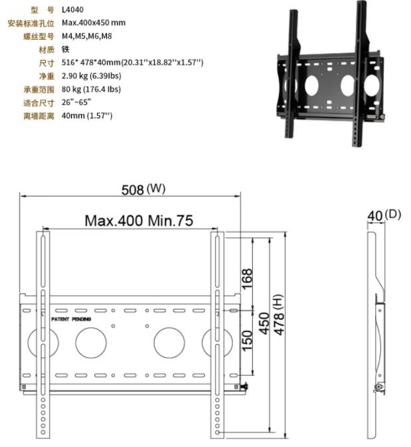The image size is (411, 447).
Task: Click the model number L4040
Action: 72,10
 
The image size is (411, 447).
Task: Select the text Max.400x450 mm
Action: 93,23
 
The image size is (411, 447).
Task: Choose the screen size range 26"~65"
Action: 76,103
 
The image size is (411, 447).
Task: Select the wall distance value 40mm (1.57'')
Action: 87,116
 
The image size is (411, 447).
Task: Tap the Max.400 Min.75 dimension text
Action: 139,221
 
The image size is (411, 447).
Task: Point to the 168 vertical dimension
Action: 247,278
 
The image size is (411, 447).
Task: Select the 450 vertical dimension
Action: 264,323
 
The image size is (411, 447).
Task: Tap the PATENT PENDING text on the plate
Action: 72,319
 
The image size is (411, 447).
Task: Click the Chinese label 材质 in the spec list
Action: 46,50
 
